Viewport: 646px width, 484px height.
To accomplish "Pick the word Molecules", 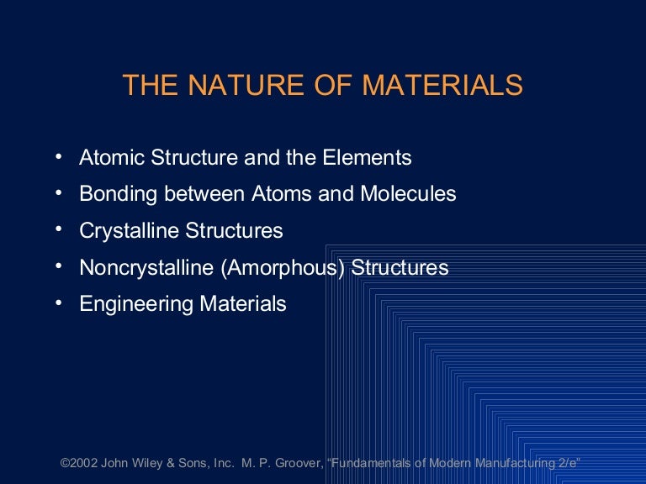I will click(x=408, y=194).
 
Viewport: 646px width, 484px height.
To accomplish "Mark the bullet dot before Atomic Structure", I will click(x=58, y=156).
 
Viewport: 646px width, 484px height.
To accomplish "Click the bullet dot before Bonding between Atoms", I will click(x=58, y=193).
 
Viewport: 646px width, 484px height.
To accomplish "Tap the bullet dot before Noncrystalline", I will click(x=58, y=267).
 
